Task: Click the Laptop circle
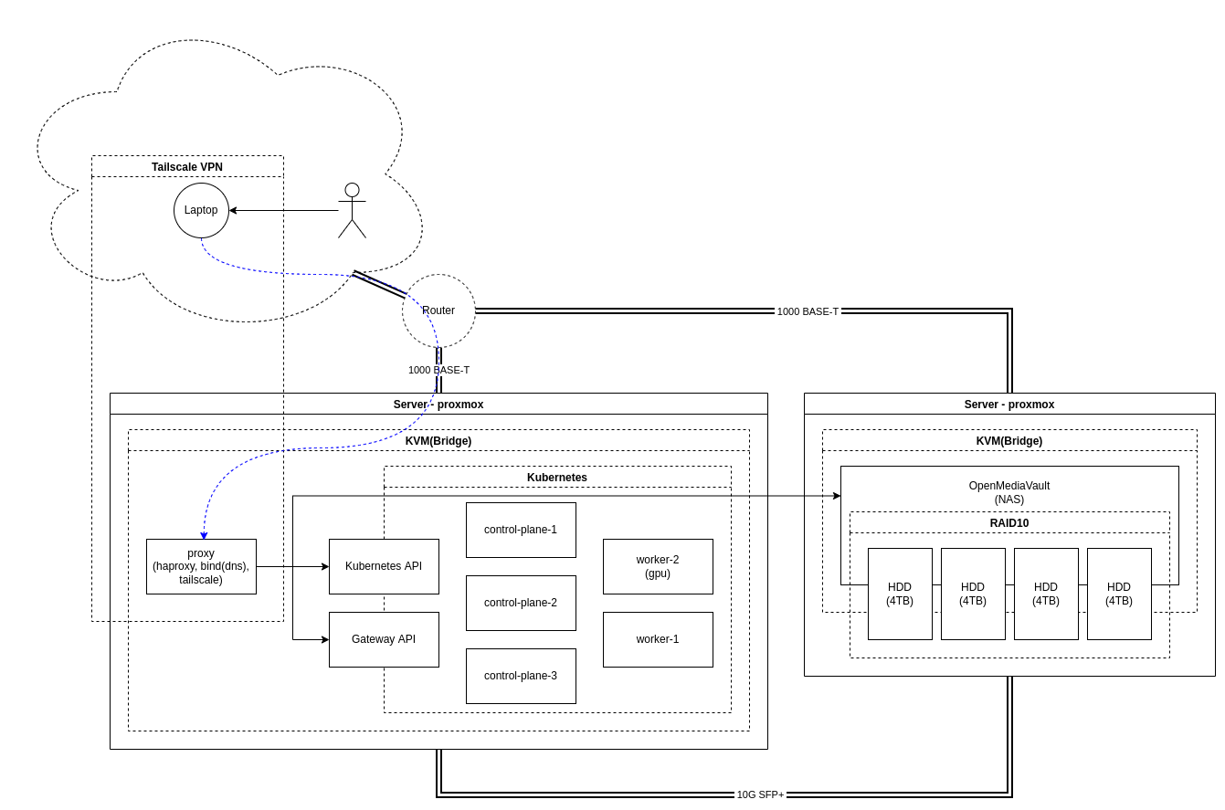(x=201, y=210)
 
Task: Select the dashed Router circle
(x=438, y=310)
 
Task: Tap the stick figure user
(x=352, y=211)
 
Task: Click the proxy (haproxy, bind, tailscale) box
(x=201, y=566)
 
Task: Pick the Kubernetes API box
(x=384, y=566)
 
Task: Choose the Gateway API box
(x=384, y=639)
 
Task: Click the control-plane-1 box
(x=521, y=530)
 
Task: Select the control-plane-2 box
(x=521, y=603)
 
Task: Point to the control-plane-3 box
(x=521, y=676)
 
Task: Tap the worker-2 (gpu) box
(x=658, y=566)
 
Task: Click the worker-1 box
(x=658, y=639)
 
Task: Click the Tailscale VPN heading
(x=187, y=167)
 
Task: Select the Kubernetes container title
(x=557, y=478)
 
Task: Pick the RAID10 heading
(x=1009, y=523)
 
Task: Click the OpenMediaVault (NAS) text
(x=1009, y=492)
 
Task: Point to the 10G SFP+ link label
(x=760, y=794)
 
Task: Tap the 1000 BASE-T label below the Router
(x=438, y=370)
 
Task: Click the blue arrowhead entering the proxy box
(x=204, y=535)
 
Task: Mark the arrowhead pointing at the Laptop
(x=233, y=210)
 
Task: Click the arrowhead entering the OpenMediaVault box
(x=836, y=496)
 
